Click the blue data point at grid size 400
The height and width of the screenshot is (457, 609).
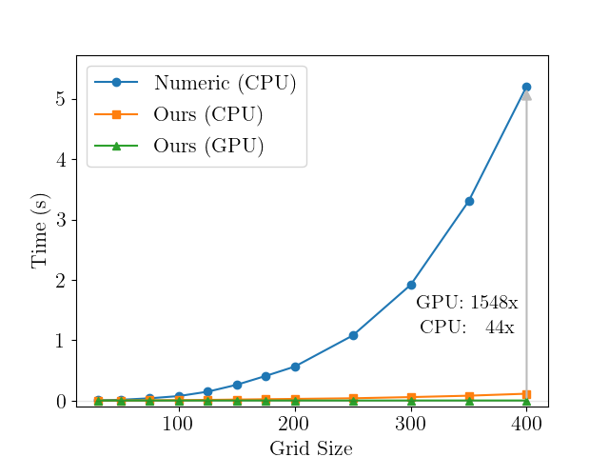point(526,87)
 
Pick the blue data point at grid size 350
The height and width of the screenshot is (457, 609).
point(469,201)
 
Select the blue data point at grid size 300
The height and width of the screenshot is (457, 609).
point(411,285)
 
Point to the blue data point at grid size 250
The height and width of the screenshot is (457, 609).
point(353,335)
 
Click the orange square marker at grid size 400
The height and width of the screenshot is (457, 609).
point(526,393)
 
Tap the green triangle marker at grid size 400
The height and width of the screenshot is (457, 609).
point(526,401)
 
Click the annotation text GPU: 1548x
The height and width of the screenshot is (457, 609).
point(466,303)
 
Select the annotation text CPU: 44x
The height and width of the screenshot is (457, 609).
point(466,327)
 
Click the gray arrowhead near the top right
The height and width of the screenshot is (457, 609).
point(526,95)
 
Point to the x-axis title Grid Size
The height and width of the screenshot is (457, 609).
point(311,448)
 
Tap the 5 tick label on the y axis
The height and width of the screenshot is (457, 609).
point(59,99)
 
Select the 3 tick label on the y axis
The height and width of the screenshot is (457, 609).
point(59,220)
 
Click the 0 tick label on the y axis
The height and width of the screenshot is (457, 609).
point(59,401)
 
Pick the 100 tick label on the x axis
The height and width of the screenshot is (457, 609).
point(178,423)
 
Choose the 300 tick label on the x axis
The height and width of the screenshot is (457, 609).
point(411,423)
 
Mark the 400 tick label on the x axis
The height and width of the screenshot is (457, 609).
point(526,423)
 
